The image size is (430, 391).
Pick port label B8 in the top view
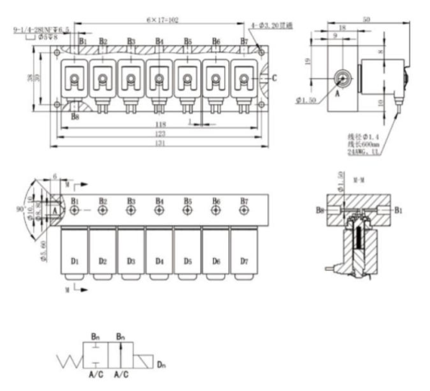(x=74, y=117)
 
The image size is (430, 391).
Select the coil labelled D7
(x=244, y=261)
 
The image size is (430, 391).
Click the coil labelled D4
(x=160, y=261)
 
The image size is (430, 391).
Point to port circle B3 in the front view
(x=131, y=210)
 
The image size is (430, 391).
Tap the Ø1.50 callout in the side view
(x=327, y=100)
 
